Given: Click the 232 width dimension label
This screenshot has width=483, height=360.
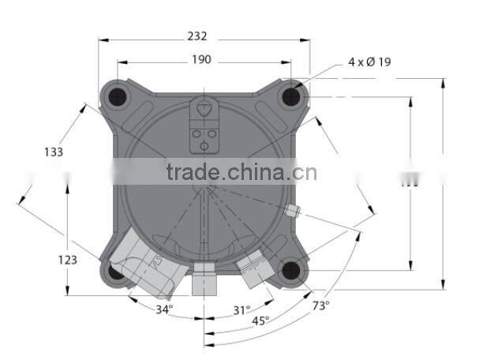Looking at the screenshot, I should coord(197,36).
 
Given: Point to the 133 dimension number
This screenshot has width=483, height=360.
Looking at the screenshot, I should coord(54,152).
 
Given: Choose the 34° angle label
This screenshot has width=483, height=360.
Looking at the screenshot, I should coord(164,309).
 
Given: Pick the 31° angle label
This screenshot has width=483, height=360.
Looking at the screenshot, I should coord(241,310).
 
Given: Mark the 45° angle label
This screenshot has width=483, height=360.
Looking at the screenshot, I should coord(260,321).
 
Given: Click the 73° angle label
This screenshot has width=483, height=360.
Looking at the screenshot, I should coord(320,305).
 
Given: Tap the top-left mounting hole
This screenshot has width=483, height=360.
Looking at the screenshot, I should coord(118,96).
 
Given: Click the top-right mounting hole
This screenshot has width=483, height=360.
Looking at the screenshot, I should coord(292,96).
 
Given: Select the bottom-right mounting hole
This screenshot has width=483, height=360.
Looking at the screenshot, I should coord(292,271).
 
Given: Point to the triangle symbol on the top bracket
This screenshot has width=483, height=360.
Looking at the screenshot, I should coord(204,109).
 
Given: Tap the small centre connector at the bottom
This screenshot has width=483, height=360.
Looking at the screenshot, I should coord(204,279).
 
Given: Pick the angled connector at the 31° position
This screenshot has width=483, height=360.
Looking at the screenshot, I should coord(255,268).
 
